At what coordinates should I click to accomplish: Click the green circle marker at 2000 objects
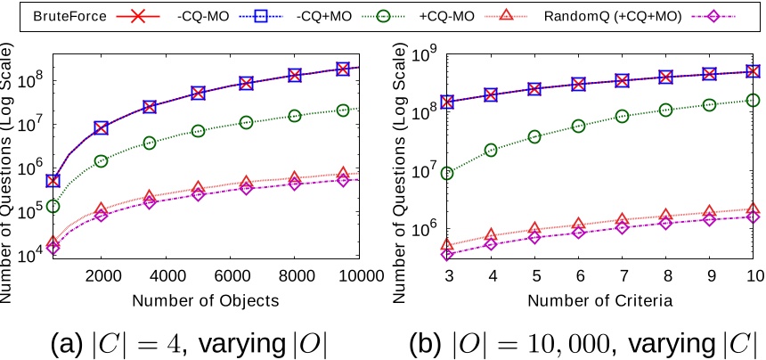tap(101, 161)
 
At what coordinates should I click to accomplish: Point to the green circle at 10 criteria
tap(754, 101)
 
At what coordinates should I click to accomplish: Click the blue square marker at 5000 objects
tap(198, 93)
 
